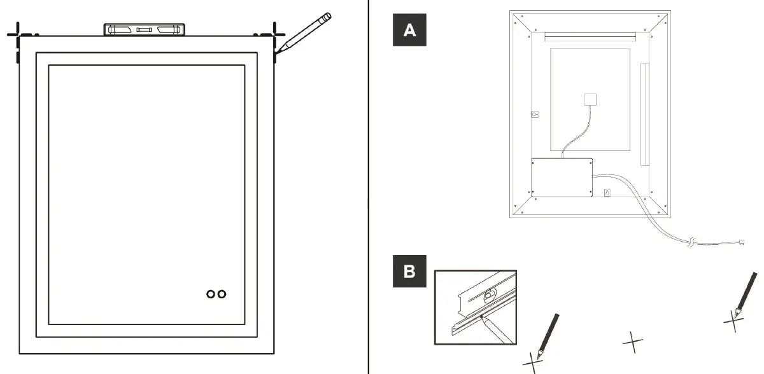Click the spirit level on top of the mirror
(x=146, y=29)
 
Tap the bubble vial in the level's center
(x=146, y=29)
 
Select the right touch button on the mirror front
(x=222, y=294)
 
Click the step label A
(x=410, y=30)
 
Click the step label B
(x=410, y=272)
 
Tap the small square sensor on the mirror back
(x=591, y=100)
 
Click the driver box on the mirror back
(x=562, y=177)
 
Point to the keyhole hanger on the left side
(x=535, y=115)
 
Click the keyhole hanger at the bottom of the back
(x=607, y=193)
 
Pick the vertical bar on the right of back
(x=644, y=114)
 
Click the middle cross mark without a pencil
(x=632, y=342)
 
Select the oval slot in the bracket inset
(x=489, y=294)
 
